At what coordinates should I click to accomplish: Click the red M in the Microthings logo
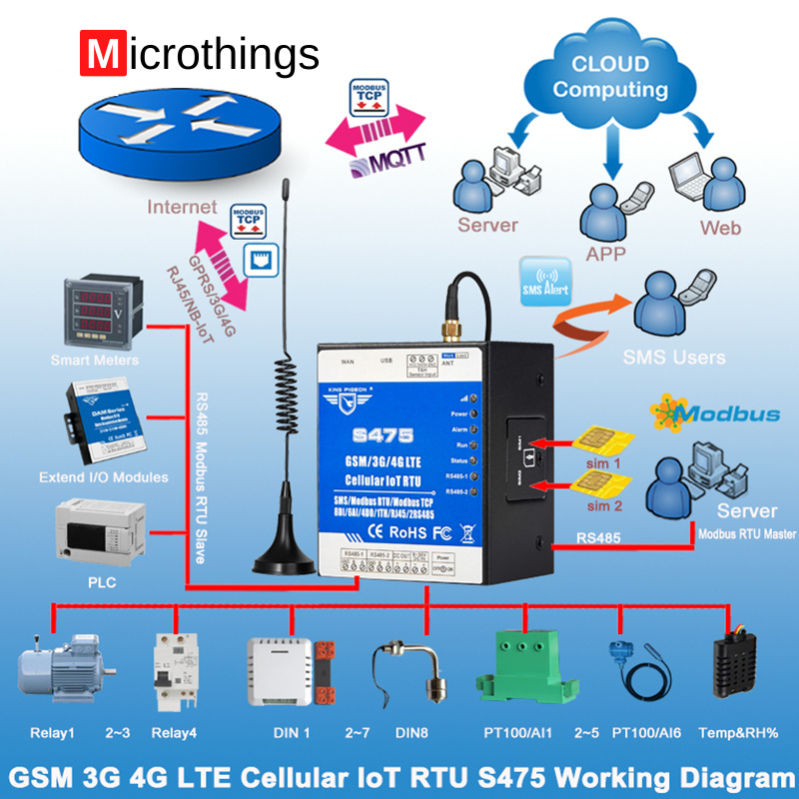coord(100,54)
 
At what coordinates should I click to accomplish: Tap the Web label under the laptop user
coord(721,227)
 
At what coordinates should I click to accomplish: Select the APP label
coord(606,254)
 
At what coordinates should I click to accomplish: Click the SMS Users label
coord(674,357)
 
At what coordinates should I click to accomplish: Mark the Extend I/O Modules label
coord(104,477)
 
